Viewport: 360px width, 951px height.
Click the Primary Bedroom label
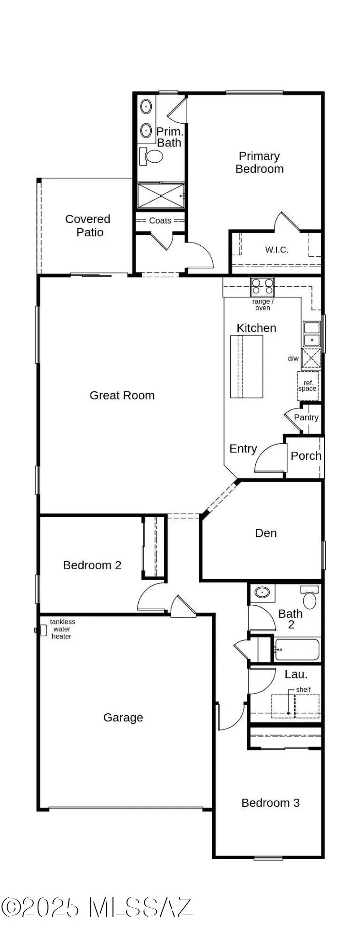point(259,163)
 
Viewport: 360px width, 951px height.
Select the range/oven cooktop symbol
point(263,287)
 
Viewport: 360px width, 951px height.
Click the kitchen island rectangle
point(246,366)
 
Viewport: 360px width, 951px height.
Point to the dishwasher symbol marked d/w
point(311,358)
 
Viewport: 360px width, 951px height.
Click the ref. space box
point(308,386)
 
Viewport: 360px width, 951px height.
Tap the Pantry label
point(306,417)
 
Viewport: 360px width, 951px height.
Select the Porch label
point(306,456)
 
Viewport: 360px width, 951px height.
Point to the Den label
point(266,533)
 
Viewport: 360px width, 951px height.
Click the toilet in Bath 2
point(310,598)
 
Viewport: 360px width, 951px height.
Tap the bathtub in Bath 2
point(297,650)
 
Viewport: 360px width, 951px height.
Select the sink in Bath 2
point(262,592)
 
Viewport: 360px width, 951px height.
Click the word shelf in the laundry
point(303,689)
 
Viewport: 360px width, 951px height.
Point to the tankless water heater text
point(62,629)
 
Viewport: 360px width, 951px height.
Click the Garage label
point(123,718)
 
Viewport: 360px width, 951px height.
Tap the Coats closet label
point(160,221)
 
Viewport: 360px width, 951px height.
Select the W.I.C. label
point(276,250)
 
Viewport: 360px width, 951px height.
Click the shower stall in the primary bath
point(160,195)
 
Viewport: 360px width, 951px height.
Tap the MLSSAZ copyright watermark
point(97,907)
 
